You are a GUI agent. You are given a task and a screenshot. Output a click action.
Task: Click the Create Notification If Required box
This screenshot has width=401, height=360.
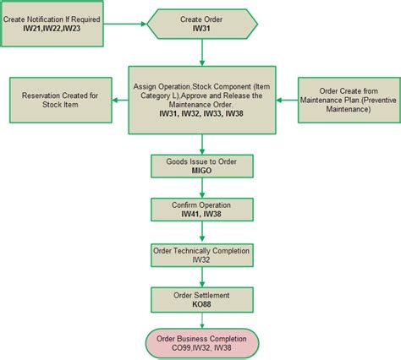pos(52,23)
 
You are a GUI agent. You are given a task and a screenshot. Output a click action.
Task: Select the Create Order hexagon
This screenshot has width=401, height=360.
pos(202,23)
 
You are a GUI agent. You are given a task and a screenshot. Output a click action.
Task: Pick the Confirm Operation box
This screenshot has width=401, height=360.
pos(201,210)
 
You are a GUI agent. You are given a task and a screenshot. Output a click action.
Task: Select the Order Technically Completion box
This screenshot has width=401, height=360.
pos(201,254)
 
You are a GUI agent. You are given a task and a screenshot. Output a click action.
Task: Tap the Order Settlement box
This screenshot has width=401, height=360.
pos(201,298)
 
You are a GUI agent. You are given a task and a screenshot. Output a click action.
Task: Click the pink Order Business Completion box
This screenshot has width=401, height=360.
pos(201,343)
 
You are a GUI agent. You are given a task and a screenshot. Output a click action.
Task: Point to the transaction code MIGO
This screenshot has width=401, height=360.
pos(201,171)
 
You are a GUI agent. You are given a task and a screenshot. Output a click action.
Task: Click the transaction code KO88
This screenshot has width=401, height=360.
pos(201,303)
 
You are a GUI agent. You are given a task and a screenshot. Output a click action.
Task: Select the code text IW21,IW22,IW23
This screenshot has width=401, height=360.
pos(52,28)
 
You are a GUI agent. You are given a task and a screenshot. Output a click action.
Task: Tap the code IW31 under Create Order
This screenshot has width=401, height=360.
pos(202,28)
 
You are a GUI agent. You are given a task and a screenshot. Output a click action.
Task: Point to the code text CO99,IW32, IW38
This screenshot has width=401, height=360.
pos(201,348)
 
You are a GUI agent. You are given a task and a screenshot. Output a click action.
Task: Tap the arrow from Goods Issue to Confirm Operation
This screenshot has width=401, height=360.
pos(201,188)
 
